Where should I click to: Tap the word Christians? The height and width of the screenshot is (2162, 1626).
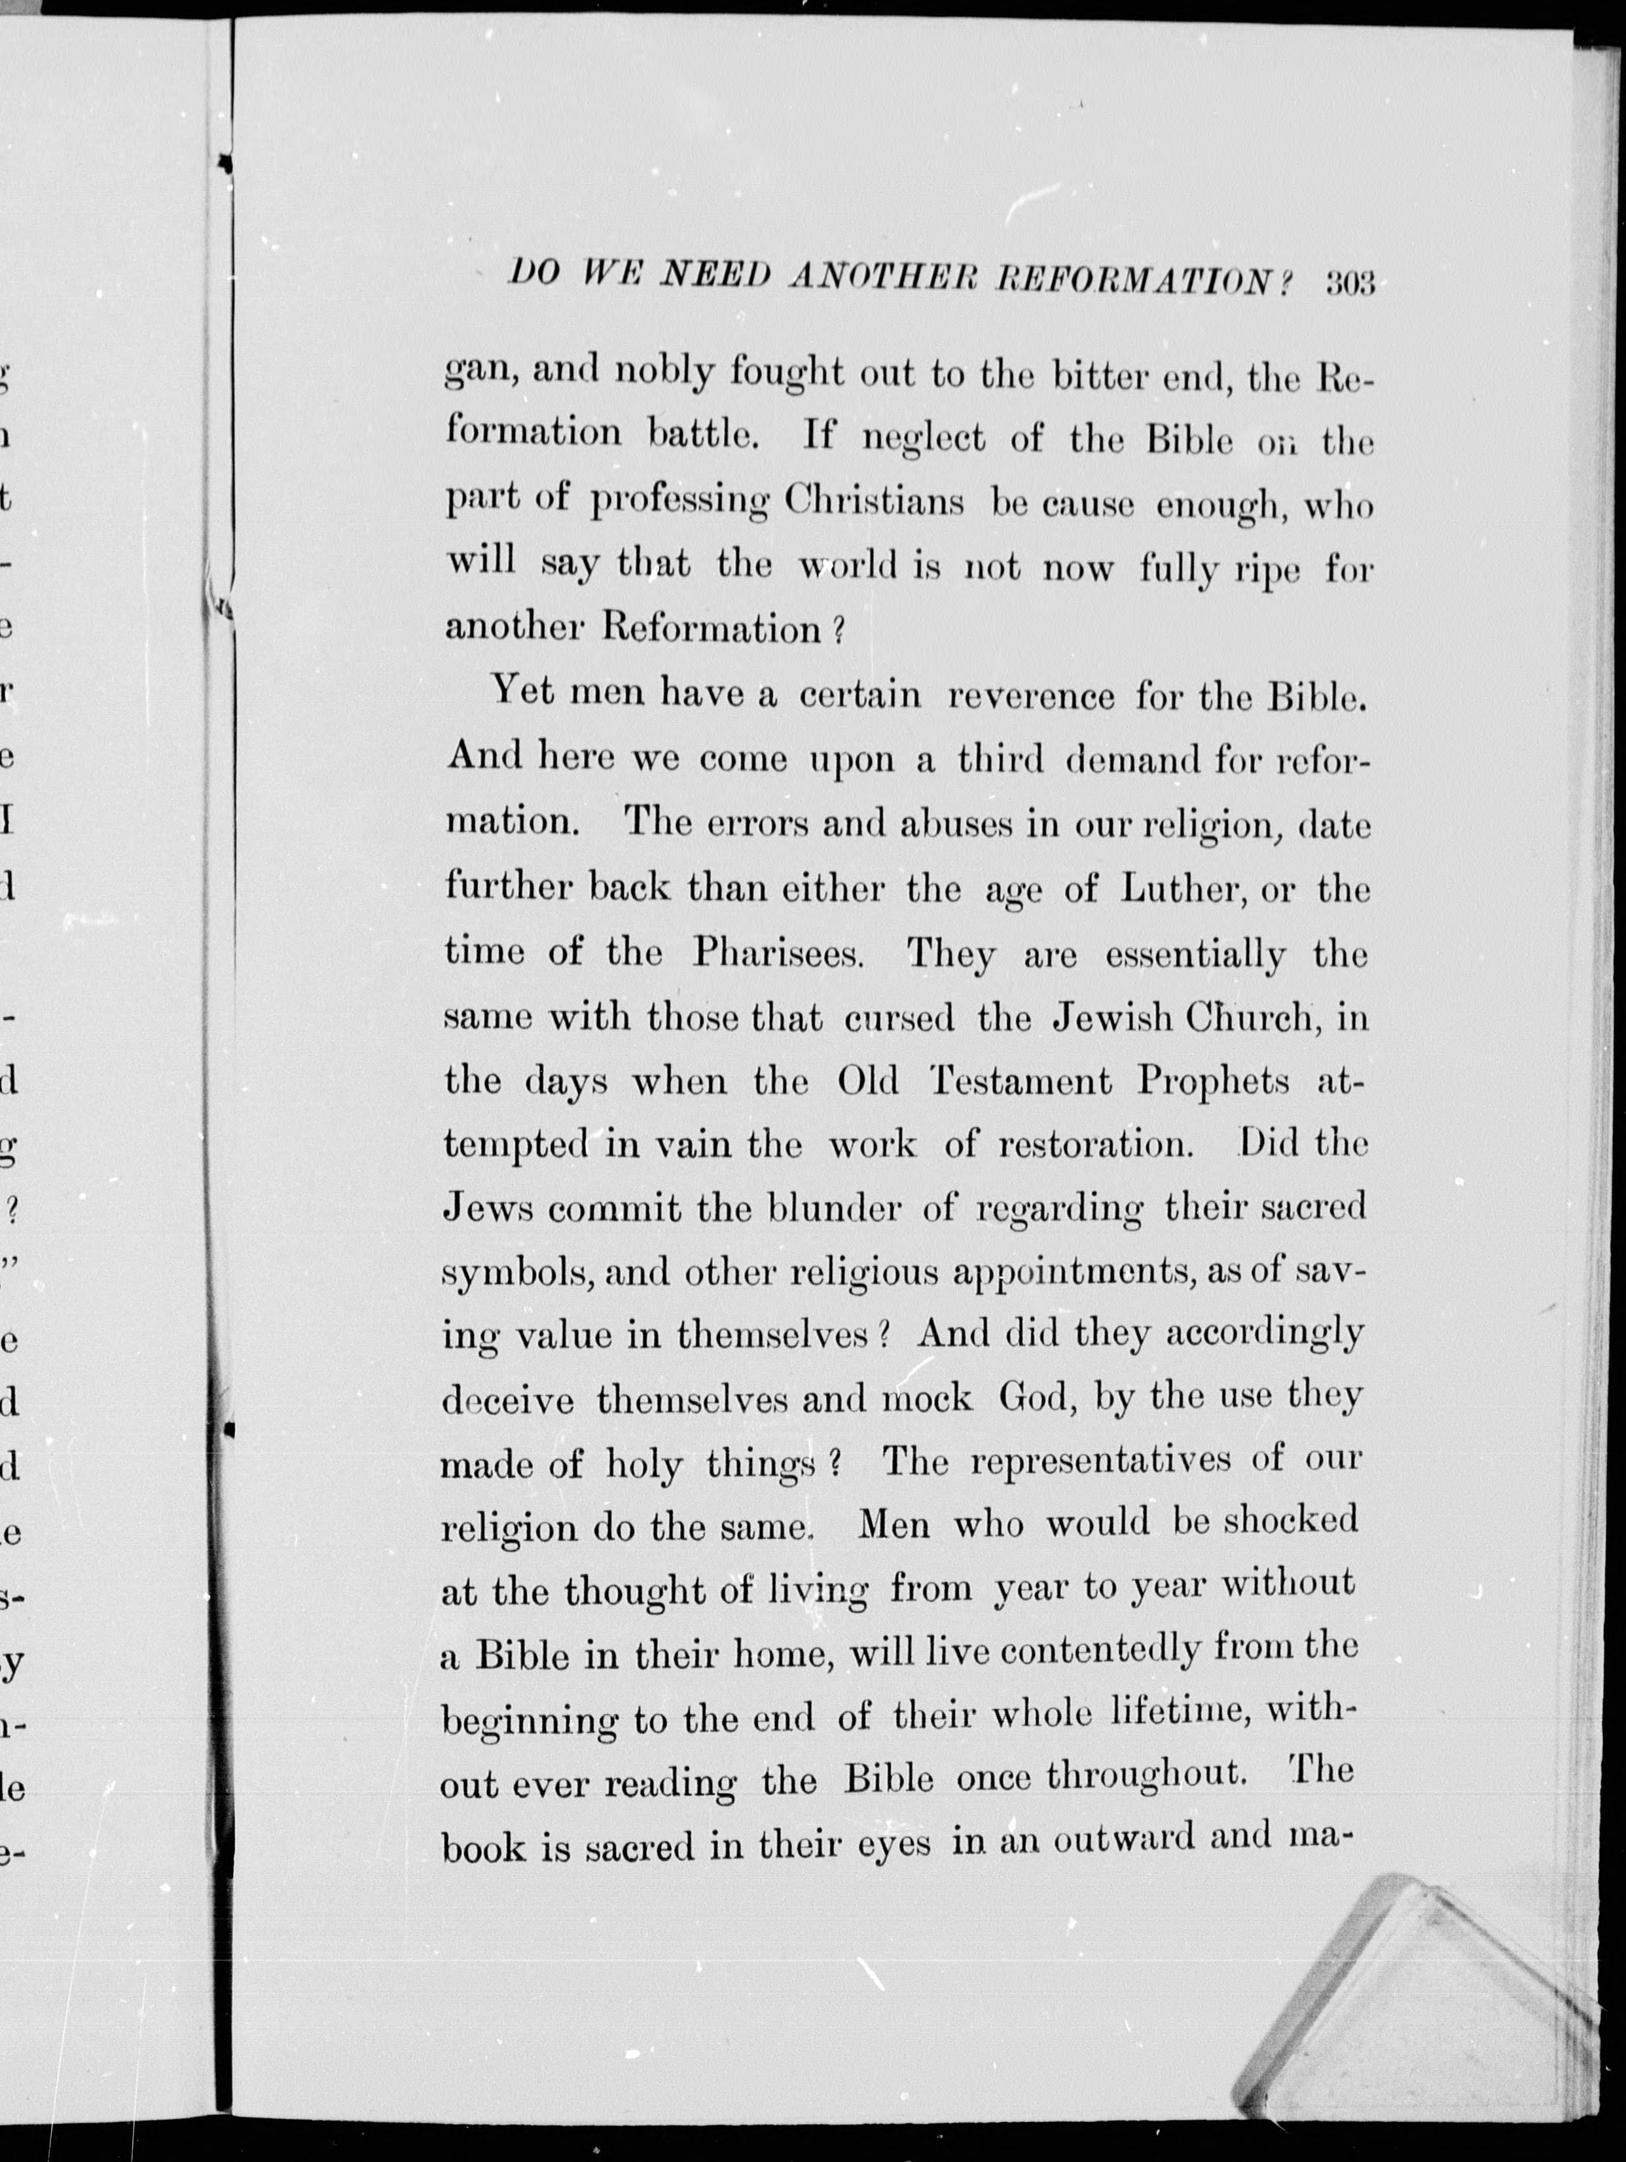click(x=874, y=503)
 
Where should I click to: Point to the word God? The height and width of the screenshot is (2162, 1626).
click(x=1034, y=1398)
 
